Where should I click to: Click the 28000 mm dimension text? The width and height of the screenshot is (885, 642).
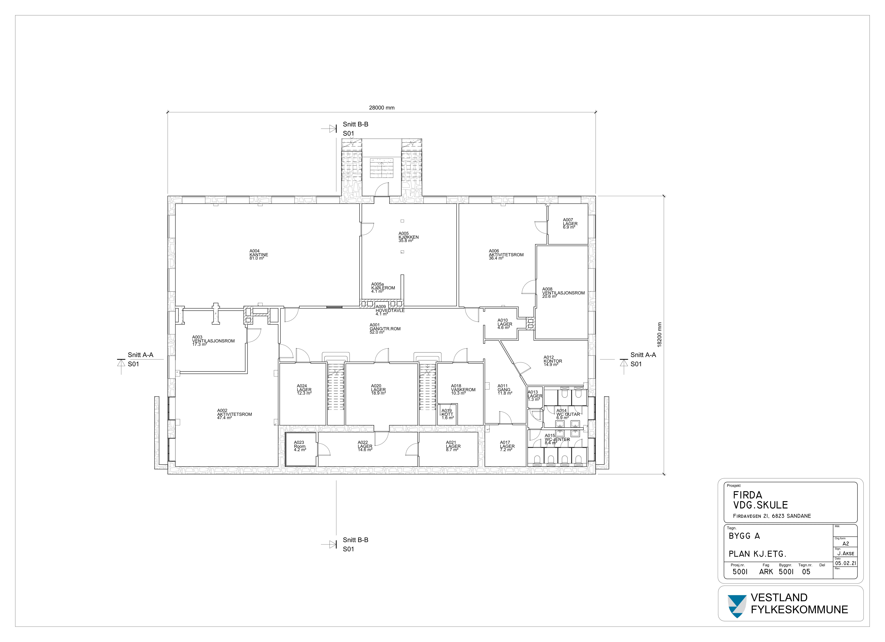coord(382,108)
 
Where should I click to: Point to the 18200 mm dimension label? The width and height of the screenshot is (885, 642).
coord(659,335)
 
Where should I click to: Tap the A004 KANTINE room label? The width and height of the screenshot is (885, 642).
coord(259,254)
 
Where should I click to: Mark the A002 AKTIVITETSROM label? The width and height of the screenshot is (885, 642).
coord(234,414)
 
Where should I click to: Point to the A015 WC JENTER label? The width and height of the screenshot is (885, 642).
coord(557,439)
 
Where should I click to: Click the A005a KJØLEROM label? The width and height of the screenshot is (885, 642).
coord(383,288)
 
